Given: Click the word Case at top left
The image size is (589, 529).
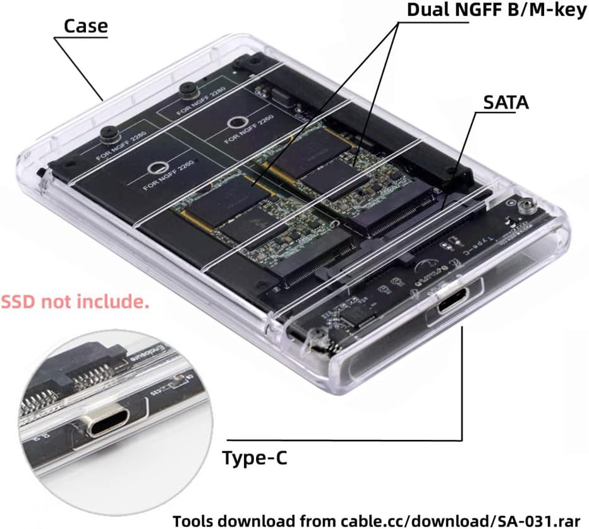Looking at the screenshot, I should click(85, 27).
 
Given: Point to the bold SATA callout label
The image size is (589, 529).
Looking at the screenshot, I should click(506, 103).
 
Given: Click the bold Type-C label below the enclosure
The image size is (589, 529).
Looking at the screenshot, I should click(254, 458).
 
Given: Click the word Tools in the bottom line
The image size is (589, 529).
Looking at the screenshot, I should click(195, 520).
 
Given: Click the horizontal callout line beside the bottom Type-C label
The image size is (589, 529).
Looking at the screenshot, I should click(344, 441).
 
